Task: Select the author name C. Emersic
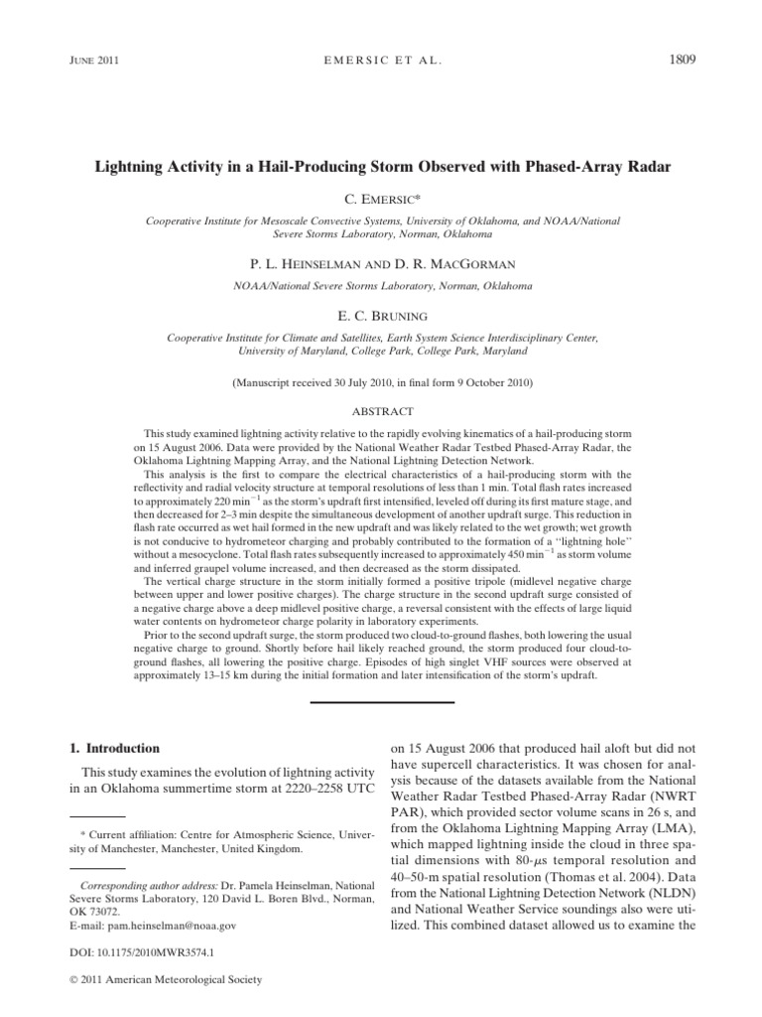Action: click(x=382, y=200)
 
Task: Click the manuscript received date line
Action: click(x=381, y=381)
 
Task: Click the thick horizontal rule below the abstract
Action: click(x=381, y=702)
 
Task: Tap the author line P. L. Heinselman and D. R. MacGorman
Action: click(x=381, y=266)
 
